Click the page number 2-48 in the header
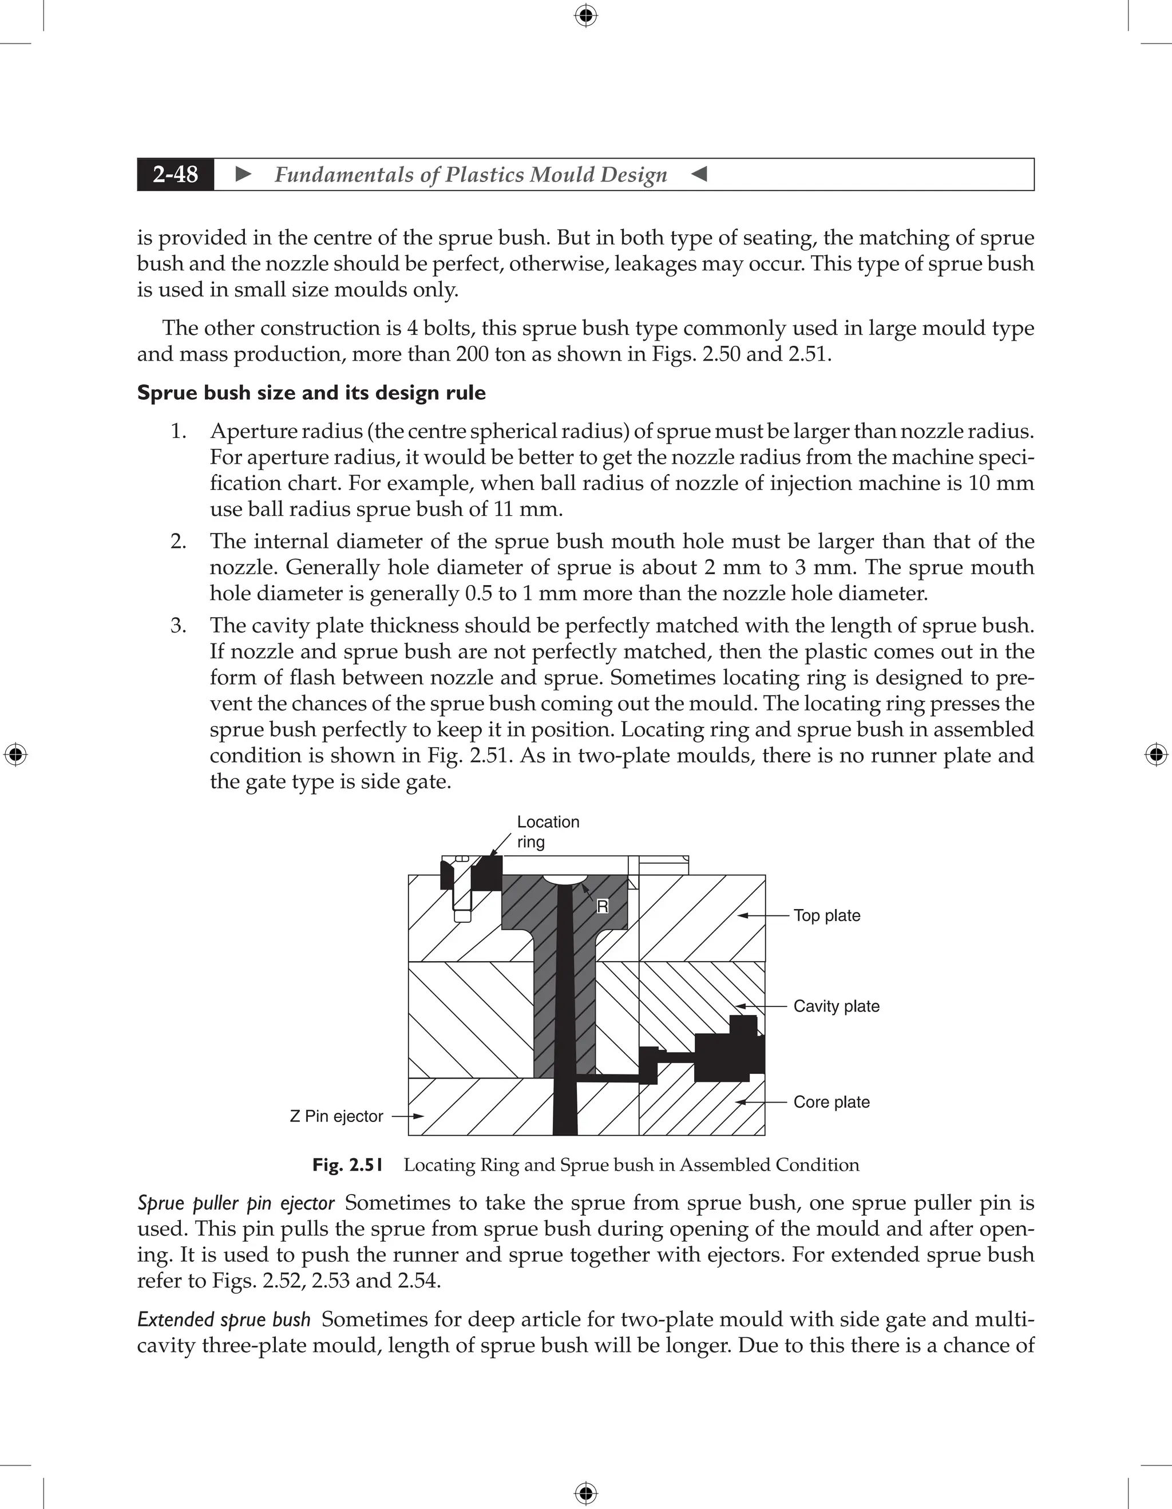(x=176, y=174)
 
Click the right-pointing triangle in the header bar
(x=243, y=174)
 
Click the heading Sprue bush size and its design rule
(x=311, y=393)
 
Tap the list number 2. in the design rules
(x=178, y=541)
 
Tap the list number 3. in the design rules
(x=178, y=625)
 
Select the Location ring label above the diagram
(x=548, y=831)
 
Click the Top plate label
(x=827, y=915)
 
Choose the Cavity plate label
(x=836, y=1006)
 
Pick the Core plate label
(x=831, y=1102)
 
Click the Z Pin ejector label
(x=336, y=1116)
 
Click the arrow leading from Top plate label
(x=763, y=915)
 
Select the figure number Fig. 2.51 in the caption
(x=347, y=1165)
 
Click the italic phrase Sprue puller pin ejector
(x=236, y=1203)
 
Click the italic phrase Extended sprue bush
(x=224, y=1320)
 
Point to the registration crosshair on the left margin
(x=15, y=754)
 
